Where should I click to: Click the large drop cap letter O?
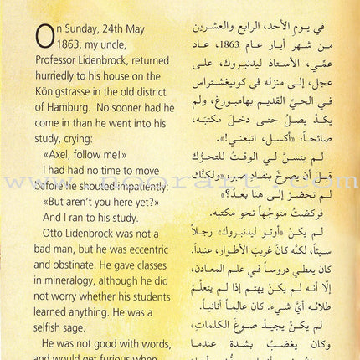(41, 43)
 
